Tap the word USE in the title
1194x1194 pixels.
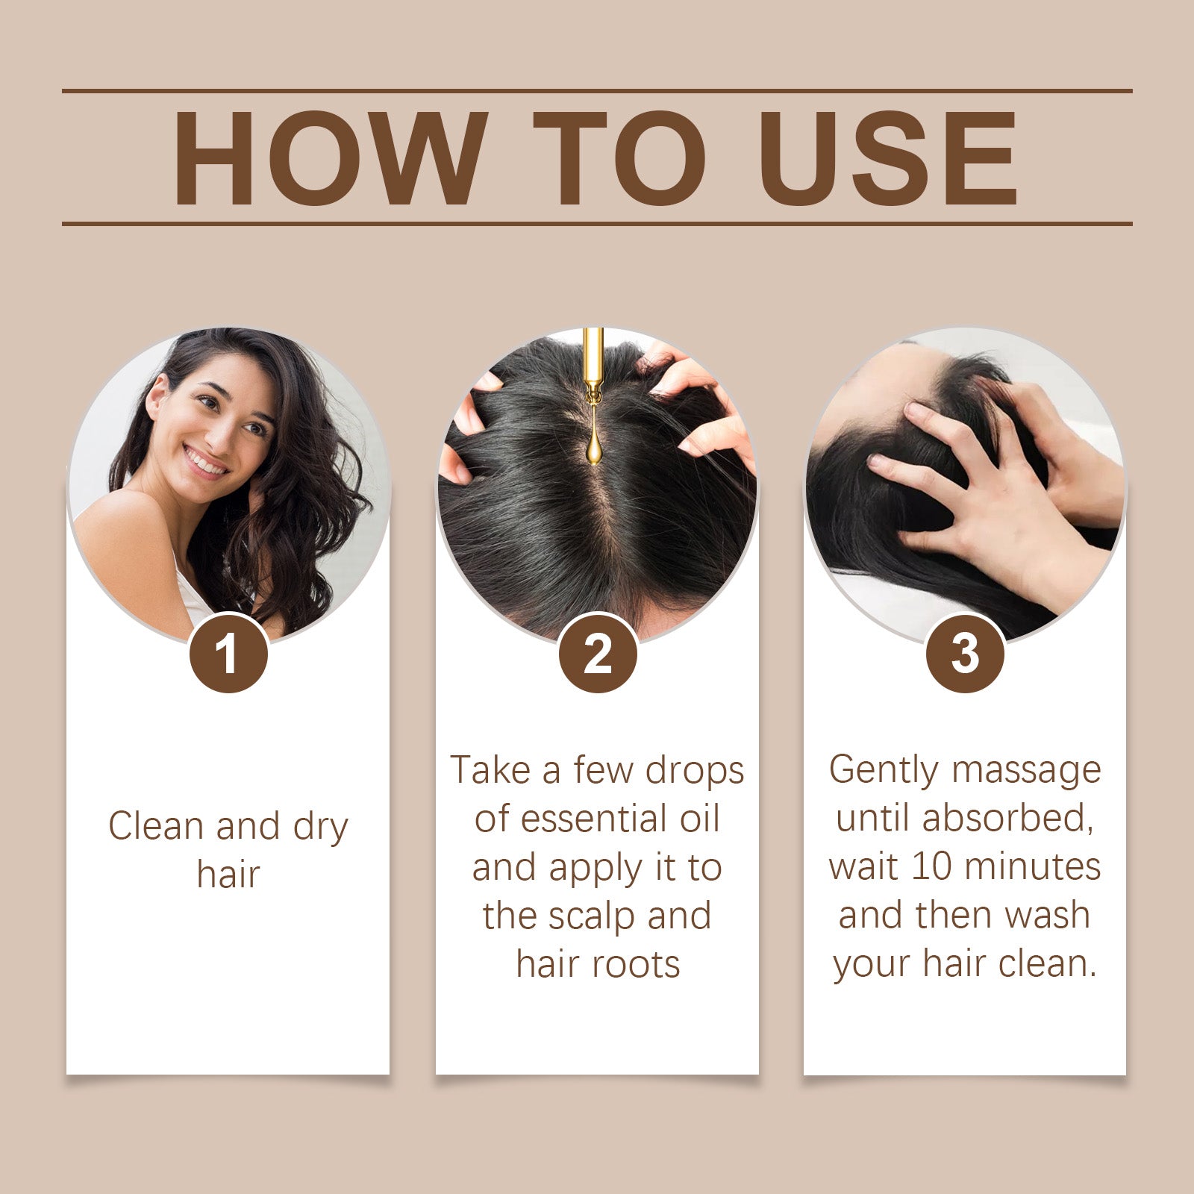[888, 159]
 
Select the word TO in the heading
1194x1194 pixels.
[619, 159]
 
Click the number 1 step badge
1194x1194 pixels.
[228, 654]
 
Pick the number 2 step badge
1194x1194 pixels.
[597, 654]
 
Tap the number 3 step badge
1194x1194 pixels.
[965, 654]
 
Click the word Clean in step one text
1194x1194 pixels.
[156, 827]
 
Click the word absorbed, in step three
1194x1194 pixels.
[1007, 819]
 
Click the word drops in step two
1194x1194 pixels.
[695, 770]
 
